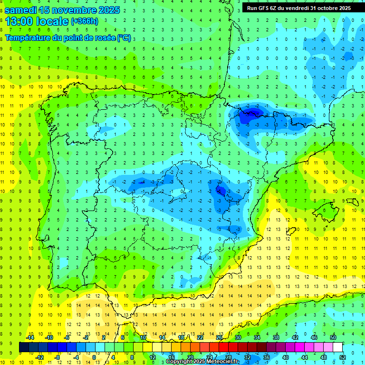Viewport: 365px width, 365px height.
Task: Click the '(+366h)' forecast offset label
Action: [84, 21]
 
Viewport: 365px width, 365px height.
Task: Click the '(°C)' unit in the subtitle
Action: [124, 38]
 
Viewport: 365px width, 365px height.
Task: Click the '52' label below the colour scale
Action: [342, 357]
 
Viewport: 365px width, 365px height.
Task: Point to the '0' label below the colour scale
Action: [94, 357]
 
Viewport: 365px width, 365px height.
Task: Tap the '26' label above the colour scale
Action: [219, 337]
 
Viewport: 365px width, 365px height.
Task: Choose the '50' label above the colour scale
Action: [333, 337]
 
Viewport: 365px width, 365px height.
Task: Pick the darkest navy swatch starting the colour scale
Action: [24, 347]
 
